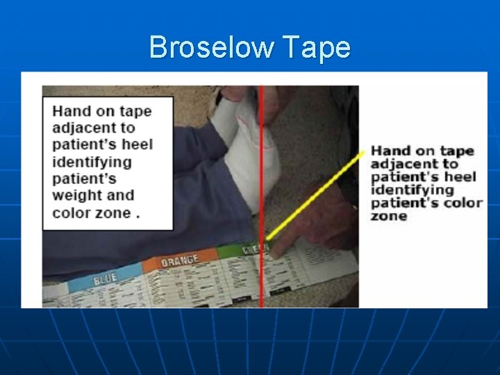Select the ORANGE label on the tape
tap(179, 261)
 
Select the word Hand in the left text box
tap(71, 111)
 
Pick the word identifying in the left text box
tap(91, 162)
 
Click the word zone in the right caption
tap(388, 216)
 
